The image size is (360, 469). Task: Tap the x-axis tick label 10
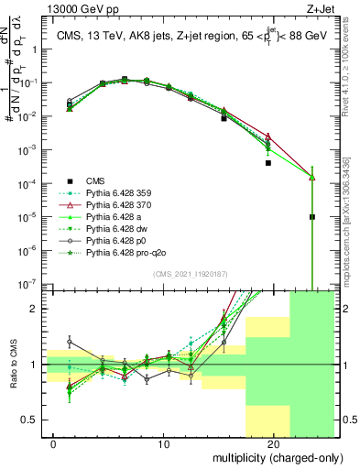(163, 443)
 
